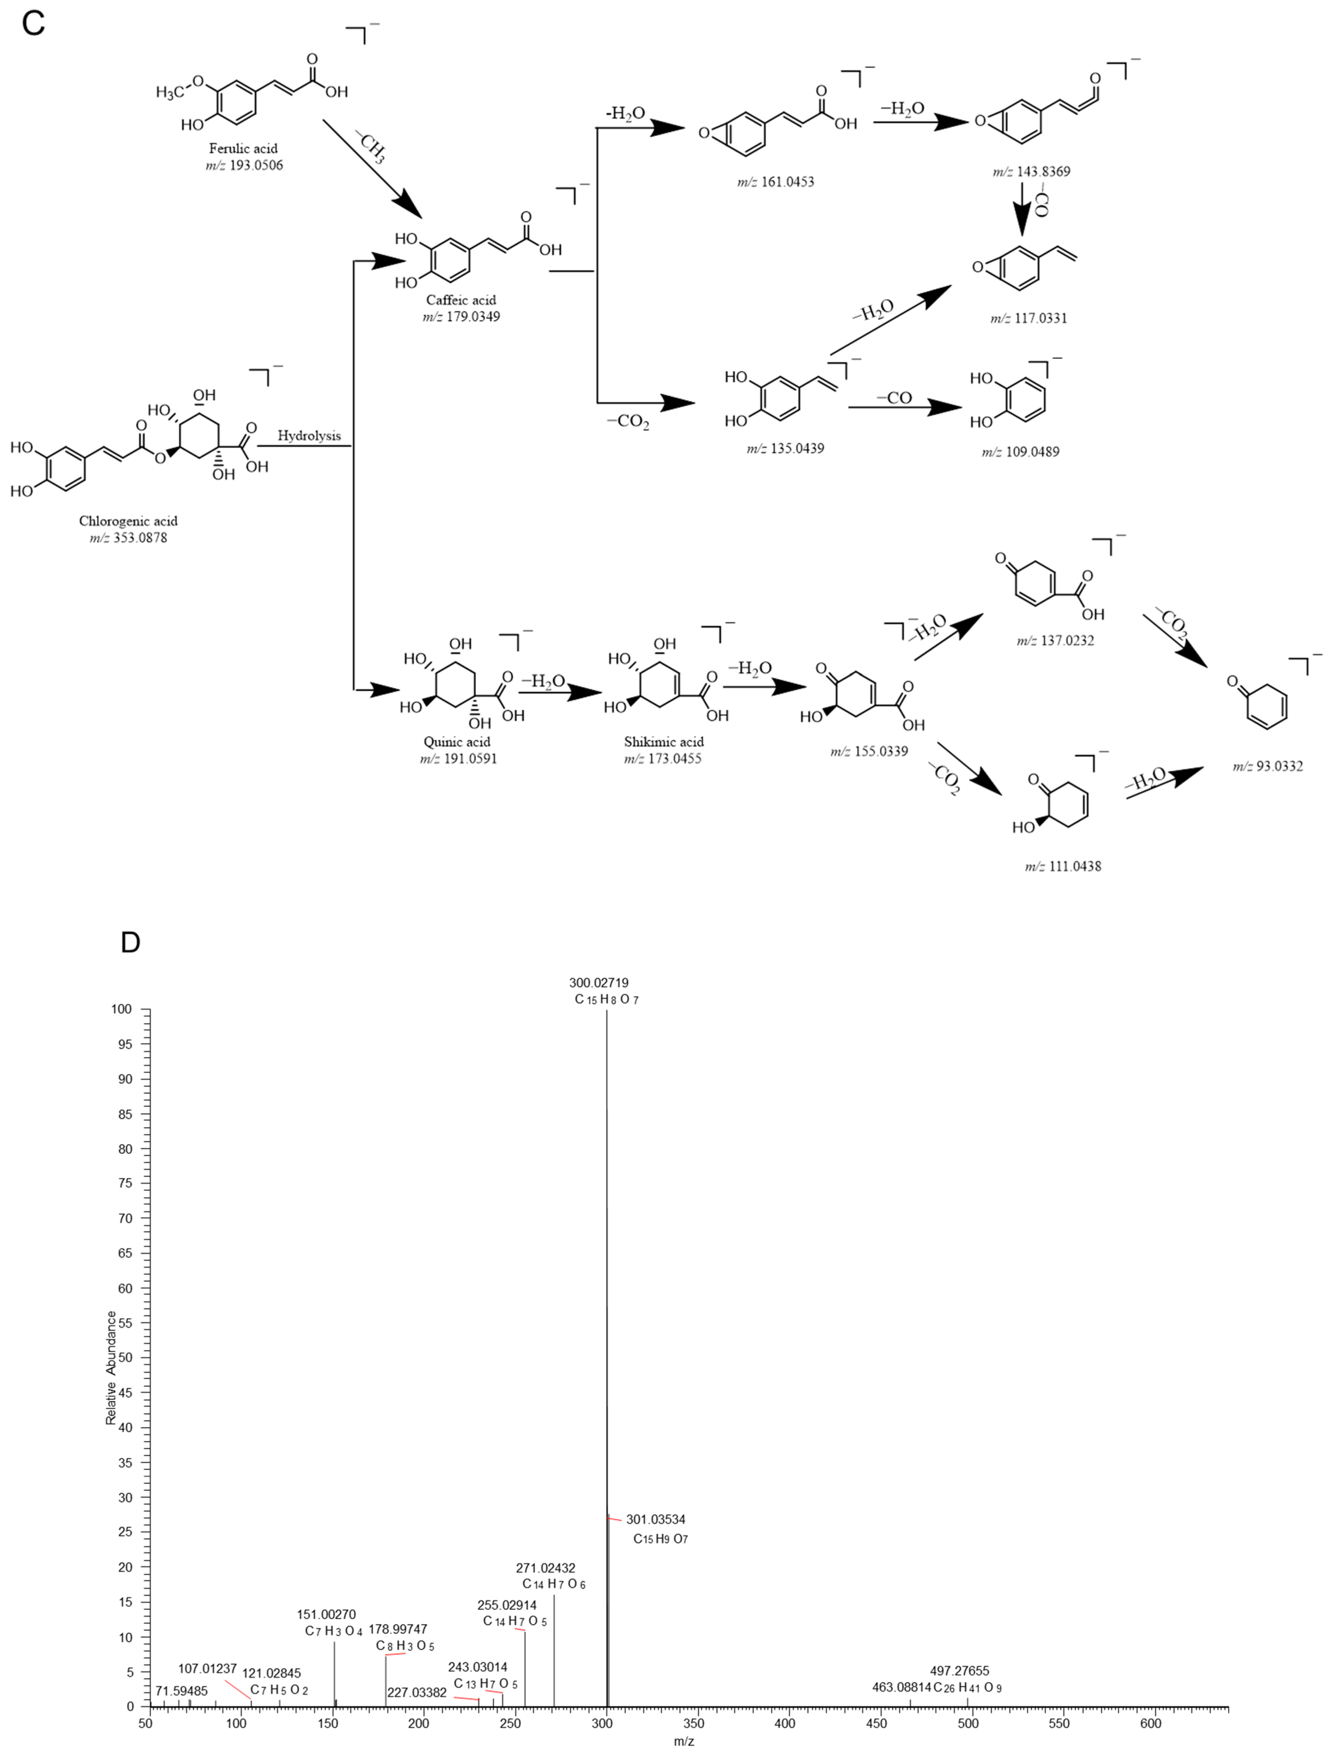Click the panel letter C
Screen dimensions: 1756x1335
coord(33,24)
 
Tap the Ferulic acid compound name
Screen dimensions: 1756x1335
coord(243,149)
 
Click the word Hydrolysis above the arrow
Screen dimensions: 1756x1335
coord(309,435)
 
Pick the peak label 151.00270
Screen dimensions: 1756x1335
coord(327,1614)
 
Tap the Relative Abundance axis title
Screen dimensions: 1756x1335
coord(111,1367)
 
